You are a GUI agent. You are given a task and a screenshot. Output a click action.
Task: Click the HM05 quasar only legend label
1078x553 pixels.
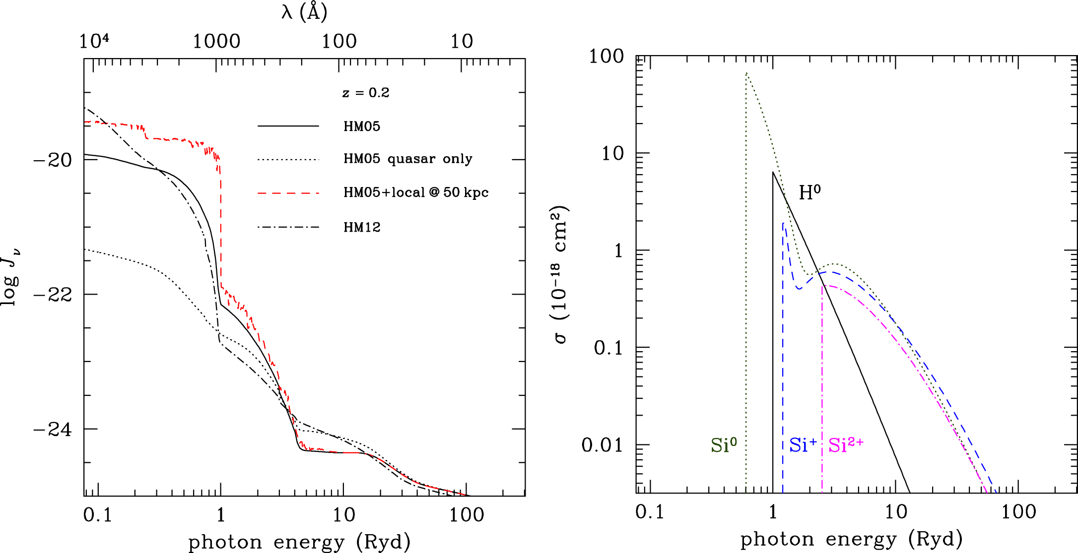(407, 159)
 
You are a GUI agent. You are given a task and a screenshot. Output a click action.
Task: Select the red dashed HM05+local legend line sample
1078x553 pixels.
(288, 192)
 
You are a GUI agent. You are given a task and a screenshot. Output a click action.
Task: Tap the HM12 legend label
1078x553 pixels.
(362, 227)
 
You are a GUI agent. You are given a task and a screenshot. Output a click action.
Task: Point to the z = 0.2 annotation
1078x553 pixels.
(366, 93)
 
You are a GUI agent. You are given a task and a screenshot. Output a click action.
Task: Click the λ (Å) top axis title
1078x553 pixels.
(304, 12)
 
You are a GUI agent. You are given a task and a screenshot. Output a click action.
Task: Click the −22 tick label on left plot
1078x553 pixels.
(53, 295)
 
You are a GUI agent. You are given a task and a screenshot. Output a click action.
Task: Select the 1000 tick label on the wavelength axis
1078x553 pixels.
(216, 42)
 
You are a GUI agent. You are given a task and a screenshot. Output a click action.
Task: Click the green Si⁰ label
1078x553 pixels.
(724, 445)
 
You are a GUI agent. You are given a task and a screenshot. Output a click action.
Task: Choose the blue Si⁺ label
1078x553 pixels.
(803, 445)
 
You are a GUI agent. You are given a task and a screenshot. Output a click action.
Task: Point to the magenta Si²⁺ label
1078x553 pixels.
(846, 445)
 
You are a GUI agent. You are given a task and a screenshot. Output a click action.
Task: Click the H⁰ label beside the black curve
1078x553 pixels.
(809, 192)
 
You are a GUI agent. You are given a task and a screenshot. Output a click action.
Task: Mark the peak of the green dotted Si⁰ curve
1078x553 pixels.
(746, 73)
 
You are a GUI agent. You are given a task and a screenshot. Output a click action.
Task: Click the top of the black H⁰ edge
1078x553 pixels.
(773, 172)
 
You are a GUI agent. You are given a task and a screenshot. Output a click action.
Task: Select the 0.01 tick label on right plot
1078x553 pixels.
(602, 445)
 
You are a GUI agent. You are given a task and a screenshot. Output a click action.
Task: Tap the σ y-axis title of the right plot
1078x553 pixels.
(560, 275)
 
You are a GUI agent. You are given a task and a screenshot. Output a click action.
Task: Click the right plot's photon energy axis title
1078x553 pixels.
(851, 539)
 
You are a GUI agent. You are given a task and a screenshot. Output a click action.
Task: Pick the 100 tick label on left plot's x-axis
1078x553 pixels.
(467, 515)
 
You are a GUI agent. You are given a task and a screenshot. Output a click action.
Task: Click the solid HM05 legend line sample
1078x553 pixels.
(288, 126)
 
